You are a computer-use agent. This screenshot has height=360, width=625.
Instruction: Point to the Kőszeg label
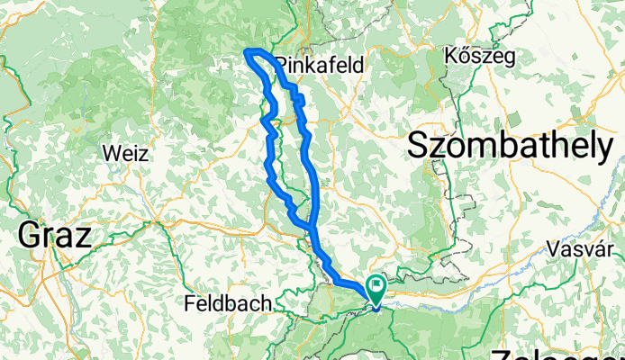pyautogui.click(x=480, y=57)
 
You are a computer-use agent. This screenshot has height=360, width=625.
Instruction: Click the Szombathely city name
pyautogui.click(x=512, y=145)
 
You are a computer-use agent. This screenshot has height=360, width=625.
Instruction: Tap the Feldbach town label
pyautogui.click(x=229, y=304)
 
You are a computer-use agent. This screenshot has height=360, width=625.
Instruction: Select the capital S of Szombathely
pyautogui.click(x=421, y=145)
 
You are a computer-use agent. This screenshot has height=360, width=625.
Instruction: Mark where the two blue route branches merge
pyautogui.click(x=311, y=229)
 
